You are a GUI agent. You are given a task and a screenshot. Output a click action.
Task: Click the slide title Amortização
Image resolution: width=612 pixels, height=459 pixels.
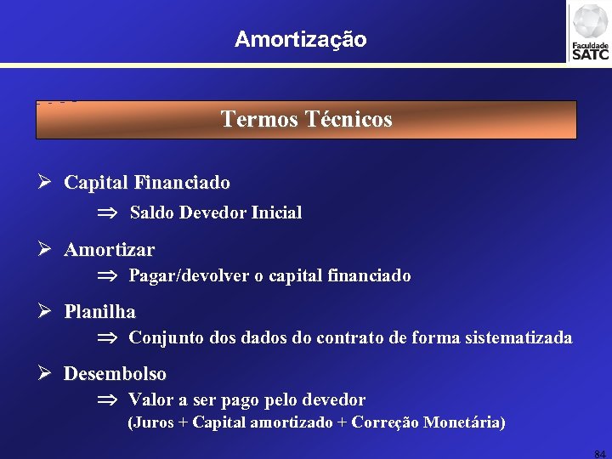301,39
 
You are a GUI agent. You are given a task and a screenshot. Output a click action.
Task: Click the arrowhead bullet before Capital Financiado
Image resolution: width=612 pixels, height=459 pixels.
46,183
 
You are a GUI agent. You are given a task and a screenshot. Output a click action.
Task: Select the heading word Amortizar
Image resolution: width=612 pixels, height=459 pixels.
109,250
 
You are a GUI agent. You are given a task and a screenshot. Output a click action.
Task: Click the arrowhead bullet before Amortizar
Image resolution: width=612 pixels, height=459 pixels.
46,250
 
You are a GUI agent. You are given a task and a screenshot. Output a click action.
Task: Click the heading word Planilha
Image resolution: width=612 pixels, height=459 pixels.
99,312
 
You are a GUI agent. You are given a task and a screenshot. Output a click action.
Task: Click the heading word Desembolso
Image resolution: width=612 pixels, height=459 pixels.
115,373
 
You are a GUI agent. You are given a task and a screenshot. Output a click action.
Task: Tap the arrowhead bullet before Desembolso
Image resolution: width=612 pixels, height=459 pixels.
46,373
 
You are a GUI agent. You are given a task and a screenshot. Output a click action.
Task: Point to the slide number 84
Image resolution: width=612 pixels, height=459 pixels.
600,454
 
